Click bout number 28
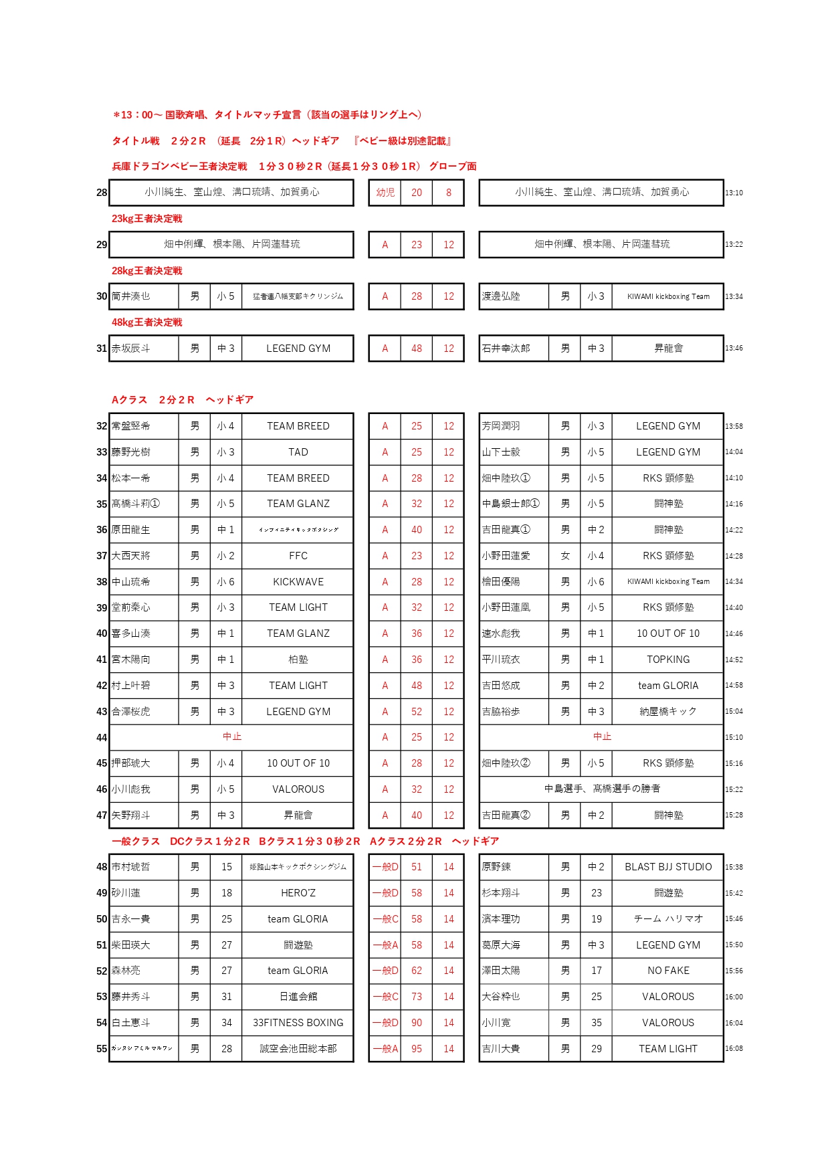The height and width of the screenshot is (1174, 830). pyautogui.click(x=102, y=193)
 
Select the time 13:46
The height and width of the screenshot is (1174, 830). pyautogui.click(x=734, y=349)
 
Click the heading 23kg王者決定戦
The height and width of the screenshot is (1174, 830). pyautogui.click(x=146, y=219)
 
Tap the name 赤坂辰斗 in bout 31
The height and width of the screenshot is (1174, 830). pyautogui.click(x=131, y=349)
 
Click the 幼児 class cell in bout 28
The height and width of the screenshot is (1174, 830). pyautogui.click(x=385, y=193)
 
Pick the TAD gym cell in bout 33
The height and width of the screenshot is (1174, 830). pyautogui.click(x=298, y=452)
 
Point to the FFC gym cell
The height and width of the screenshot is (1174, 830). pyautogui.click(x=298, y=556)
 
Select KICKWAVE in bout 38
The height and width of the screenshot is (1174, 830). pyautogui.click(x=298, y=582)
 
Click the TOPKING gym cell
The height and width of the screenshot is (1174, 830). pyautogui.click(x=668, y=660)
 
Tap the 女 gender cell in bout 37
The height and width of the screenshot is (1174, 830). pyautogui.click(x=565, y=556)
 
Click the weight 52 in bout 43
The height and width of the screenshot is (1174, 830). pyautogui.click(x=417, y=712)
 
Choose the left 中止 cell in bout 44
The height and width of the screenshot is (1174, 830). pyautogui.click(x=231, y=737)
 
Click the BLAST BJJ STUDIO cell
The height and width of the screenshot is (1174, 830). pyautogui.click(x=668, y=867)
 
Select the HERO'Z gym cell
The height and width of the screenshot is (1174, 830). pyautogui.click(x=298, y=893)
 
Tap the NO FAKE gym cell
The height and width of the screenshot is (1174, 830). pyautogui.click(x=668, y=971)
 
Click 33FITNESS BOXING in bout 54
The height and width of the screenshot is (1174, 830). pyautogui.click(x=298, y=1023)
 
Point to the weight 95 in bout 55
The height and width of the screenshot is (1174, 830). pyautogui.click(x=417, y=1049)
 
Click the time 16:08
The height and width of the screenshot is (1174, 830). pyautogui.click(x=734, y=1049)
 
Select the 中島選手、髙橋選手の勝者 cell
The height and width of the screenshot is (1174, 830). pyautogui.click(x=602, y=789)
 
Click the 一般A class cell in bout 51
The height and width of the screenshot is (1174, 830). pyautogui.click(x=385, y=945)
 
